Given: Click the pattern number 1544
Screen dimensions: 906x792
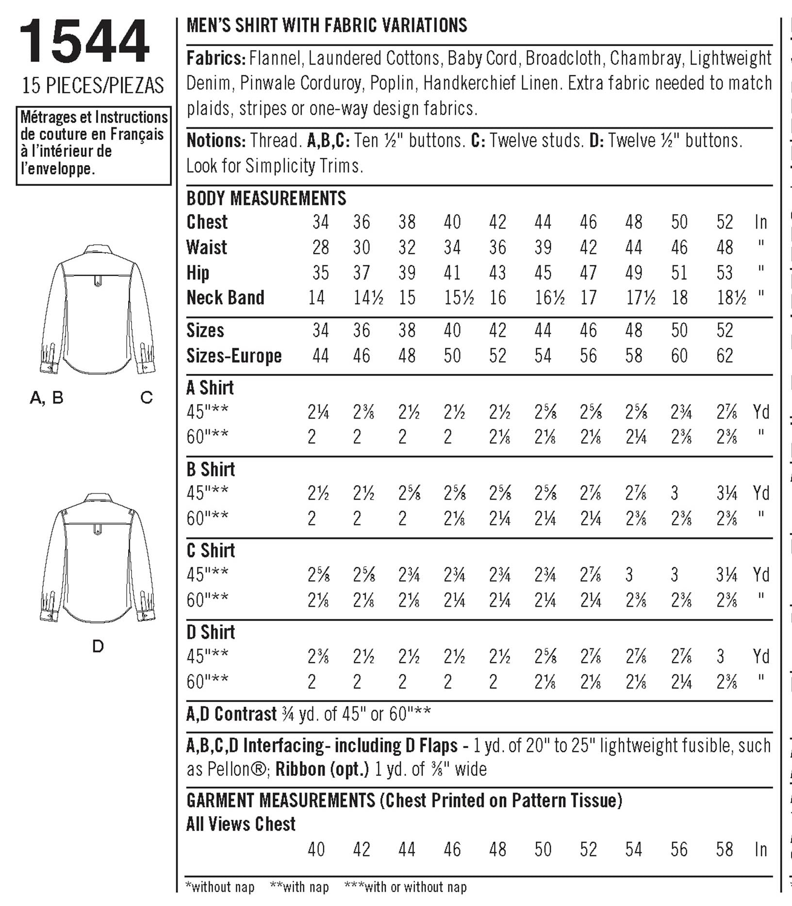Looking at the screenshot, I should pyautogui.click(x=84, y=42).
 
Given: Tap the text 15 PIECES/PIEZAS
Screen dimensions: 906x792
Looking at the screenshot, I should pyautogui.click(x=93, y=86).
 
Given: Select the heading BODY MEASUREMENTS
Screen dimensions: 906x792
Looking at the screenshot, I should pyautogui.click(x=266, y=198).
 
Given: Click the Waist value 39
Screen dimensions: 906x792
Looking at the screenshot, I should pyautogui.click(x=543, y=248).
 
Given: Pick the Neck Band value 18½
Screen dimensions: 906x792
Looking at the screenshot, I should pyautogui.click(x=732, y=298).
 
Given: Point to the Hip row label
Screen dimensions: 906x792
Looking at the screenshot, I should pyautogui.click(x=198, y=273).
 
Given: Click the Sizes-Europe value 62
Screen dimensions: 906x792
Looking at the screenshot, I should pyautogui.click(x=725, y=356).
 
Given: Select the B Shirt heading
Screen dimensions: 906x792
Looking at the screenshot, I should pyautogui.click(x=211, y=469).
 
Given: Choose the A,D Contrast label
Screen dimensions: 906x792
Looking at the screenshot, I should pyautogui.click(x=231, y=714).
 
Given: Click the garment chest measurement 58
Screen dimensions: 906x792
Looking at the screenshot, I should pyautogui.click(x=725, y=850).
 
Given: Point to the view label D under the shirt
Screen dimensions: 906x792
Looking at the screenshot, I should pyautogui.click(x=98, y=646).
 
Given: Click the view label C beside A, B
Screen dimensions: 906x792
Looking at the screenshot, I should pyautogui.click(x=147, y=398).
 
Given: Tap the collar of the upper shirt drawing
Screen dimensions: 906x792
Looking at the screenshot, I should pyautogui.click(x=98, y=251).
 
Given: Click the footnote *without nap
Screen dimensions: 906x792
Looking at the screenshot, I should pyautogui.click(x=220, y=887).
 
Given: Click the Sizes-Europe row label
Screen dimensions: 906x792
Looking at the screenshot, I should pyautogui.click(x=234, y=356).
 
